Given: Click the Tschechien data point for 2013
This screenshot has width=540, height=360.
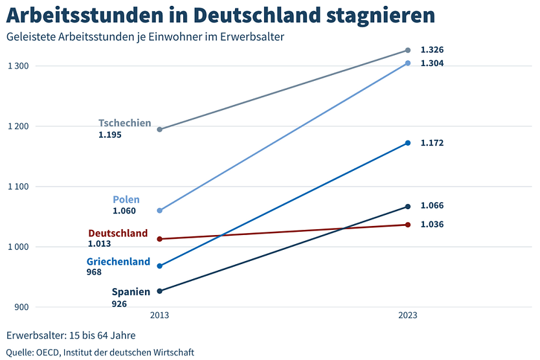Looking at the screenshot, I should point(160,129).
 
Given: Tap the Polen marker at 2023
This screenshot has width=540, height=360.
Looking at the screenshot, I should point(407,63).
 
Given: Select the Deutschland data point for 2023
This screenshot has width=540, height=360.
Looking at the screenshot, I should point(407,225).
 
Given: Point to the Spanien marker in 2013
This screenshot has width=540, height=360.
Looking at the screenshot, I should point(160,291).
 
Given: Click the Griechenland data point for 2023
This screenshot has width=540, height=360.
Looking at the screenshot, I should point(407,143).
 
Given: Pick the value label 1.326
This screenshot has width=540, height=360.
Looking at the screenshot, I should point(432,50).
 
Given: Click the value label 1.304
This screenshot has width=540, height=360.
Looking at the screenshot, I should point(432,63).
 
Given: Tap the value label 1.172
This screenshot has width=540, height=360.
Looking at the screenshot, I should point(432,143).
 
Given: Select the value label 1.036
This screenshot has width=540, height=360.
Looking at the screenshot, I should point(432,225).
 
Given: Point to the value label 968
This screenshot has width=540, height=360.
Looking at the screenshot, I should point(94,273).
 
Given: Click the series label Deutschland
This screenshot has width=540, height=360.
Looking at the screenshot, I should point(118,233).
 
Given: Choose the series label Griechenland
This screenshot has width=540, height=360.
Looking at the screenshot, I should point(118,262).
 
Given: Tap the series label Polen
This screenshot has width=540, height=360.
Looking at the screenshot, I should point(126,199).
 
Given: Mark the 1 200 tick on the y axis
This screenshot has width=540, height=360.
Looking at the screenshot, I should point(18,126).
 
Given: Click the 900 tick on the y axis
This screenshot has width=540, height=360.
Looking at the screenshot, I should point(21,307).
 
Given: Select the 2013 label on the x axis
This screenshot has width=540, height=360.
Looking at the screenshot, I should point(160,316).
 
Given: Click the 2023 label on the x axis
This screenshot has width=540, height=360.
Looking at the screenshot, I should point(407,316).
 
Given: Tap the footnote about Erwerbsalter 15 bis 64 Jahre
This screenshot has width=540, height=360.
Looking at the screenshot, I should point(71,335).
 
